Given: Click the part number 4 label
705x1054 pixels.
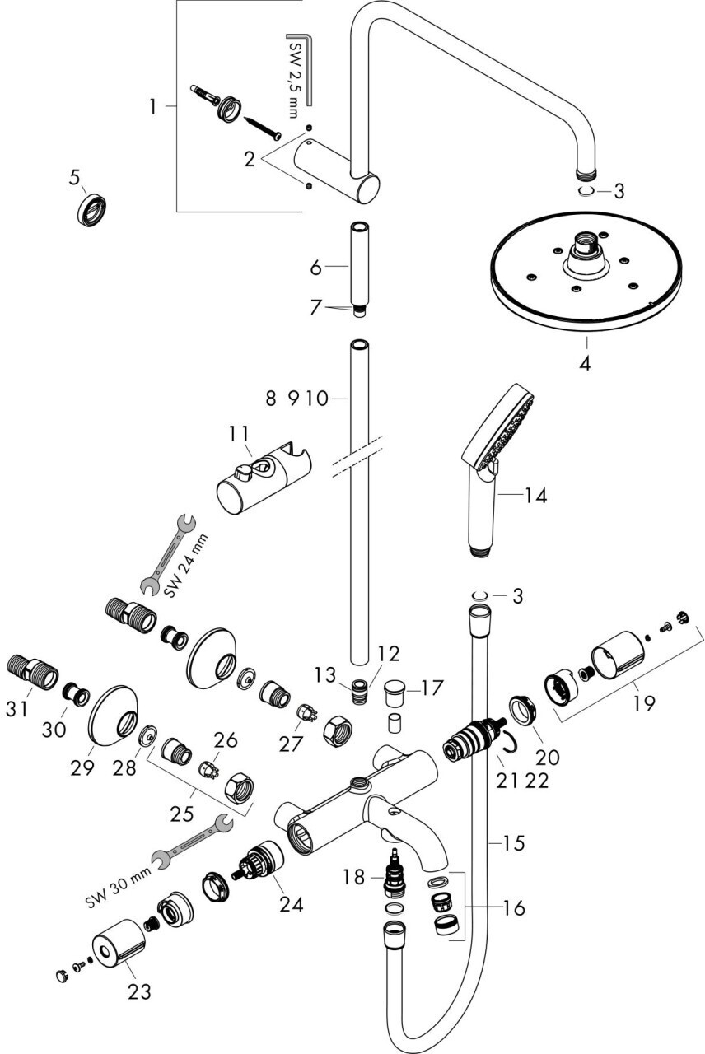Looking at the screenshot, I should point(585,361).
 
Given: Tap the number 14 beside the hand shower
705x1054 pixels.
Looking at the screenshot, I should point(535,496).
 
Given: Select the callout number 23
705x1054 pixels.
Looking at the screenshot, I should point(139,991).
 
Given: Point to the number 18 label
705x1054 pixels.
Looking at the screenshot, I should point(354,877).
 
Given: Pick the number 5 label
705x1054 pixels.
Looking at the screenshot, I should point(75,176).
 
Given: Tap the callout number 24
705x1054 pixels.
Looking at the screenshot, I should point(291,904).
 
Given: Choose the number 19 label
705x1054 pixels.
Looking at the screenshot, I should point(645,703).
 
